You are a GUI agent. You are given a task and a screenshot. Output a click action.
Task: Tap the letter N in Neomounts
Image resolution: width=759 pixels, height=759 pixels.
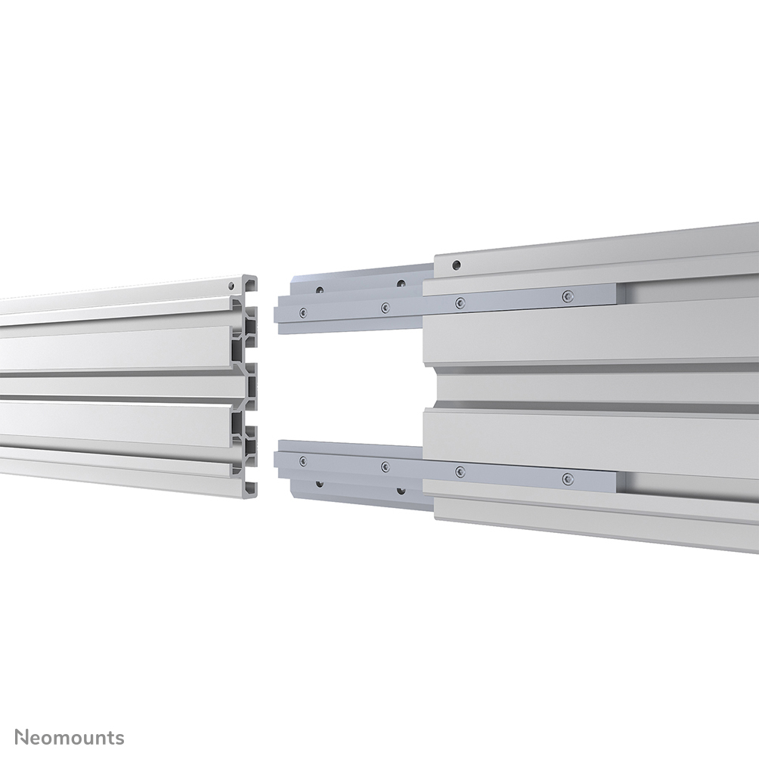pos(23,736)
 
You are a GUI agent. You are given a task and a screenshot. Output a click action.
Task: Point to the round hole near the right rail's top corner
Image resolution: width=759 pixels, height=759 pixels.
pos(456,265)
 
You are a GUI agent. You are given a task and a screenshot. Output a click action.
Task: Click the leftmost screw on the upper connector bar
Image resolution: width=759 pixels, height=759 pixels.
pos(302,311)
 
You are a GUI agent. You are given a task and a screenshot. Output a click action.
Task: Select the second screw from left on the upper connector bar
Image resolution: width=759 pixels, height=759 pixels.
pos(385,307)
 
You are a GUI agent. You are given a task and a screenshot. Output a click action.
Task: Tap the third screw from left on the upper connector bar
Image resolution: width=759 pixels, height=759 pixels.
pos(459,302)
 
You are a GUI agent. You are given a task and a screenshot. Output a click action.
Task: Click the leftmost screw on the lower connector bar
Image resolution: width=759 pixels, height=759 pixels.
pos(302,460)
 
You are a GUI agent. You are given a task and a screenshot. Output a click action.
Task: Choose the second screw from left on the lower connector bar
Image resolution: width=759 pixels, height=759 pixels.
pos(385,466)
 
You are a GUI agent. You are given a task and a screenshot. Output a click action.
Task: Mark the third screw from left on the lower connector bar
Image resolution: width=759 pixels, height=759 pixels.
pos(459,470)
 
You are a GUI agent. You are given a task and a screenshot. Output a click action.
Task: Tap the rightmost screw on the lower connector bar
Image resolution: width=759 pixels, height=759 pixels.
pos(568,478)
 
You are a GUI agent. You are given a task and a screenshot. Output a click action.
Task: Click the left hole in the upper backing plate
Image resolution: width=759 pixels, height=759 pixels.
pos(321,290)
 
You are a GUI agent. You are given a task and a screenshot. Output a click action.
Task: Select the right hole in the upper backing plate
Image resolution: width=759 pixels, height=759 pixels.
pos(401,284)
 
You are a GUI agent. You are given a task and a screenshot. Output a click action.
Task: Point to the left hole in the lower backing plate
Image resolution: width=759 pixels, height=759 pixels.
pos(321,482)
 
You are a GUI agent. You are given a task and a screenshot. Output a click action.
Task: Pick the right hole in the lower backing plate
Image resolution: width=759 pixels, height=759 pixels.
pos(401,488)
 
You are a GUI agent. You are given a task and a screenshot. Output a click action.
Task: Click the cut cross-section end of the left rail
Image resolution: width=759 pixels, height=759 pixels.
pos(249,386)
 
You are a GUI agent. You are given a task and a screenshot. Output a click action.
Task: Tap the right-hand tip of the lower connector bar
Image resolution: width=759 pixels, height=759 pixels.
pos(616,481)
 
